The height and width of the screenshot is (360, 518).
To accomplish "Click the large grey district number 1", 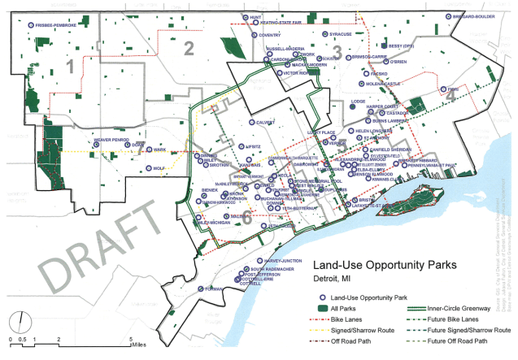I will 70,64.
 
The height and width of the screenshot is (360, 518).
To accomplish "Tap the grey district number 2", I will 188,49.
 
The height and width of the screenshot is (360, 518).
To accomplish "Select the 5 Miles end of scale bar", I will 133,340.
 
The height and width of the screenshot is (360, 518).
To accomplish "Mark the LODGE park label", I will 358,102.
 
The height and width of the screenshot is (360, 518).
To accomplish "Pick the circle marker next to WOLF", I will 149,169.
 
